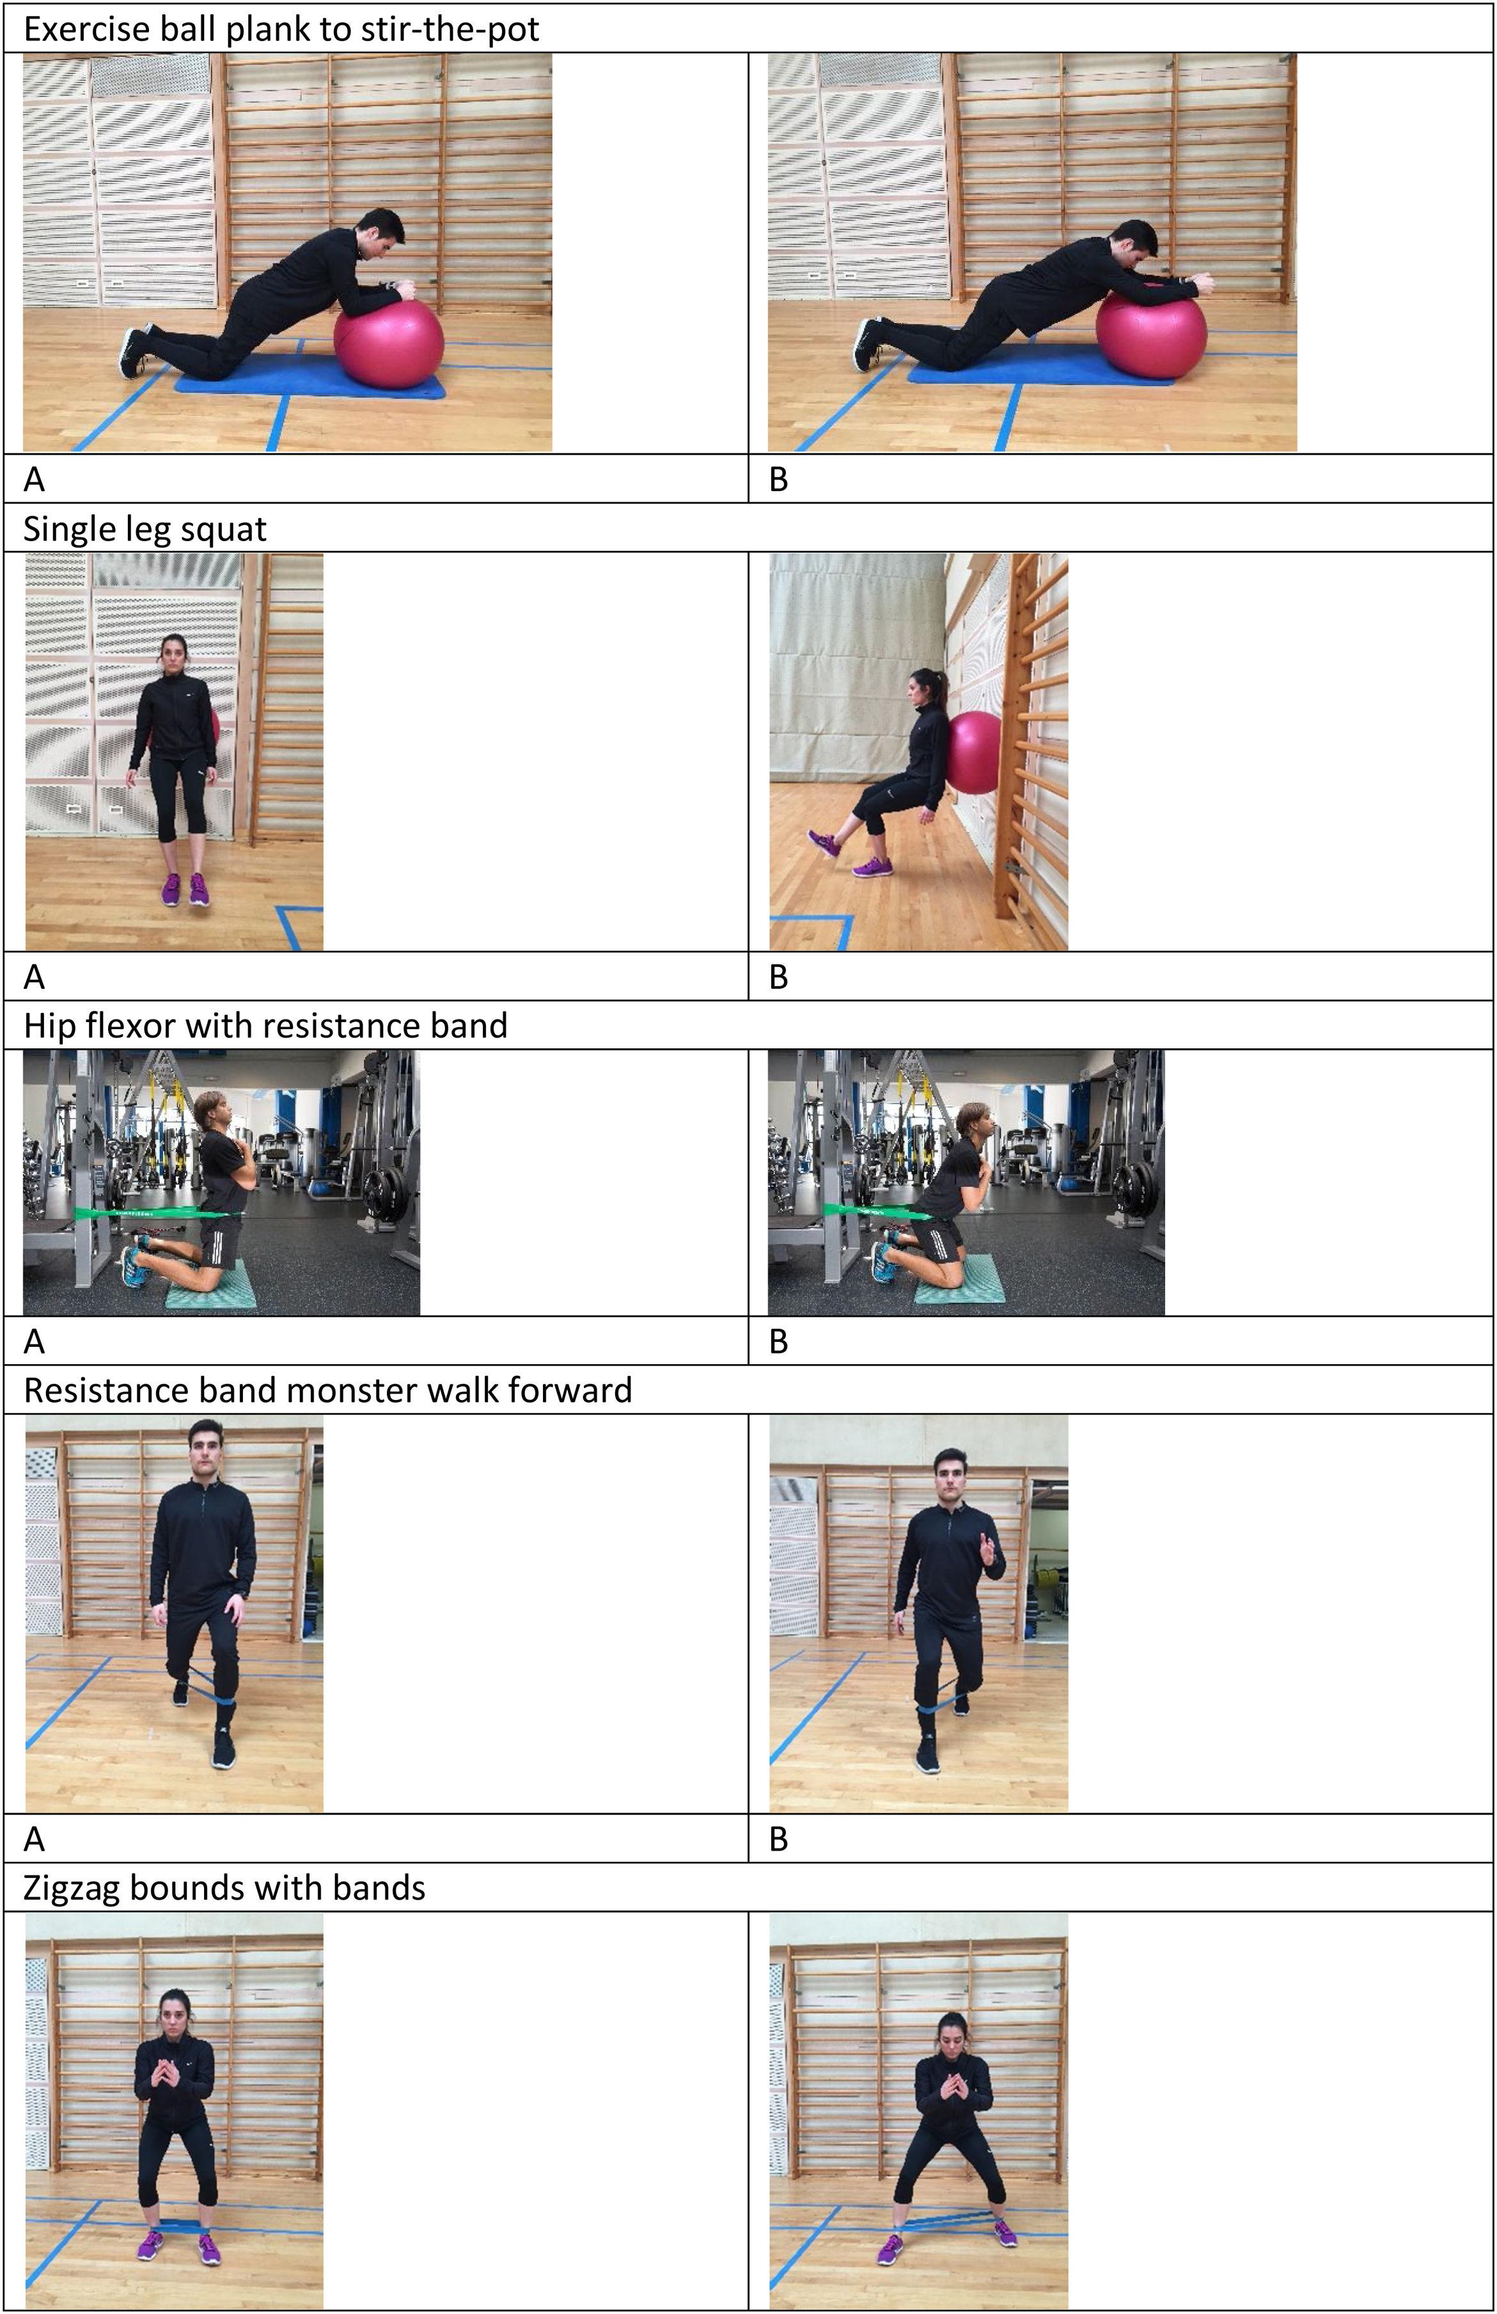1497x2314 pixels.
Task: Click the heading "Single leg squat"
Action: coord(145,529)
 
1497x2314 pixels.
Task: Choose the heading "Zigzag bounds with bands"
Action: coord(224,1888)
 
